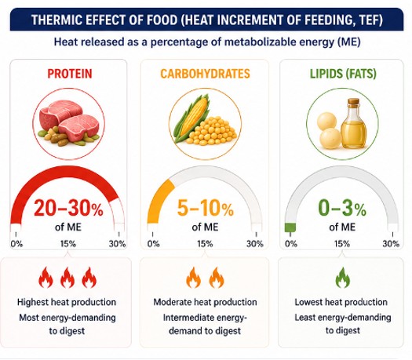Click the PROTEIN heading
[70, 74]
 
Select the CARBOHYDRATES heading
[205, 74]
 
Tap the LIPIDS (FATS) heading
[343, 74]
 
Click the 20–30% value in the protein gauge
[68, 208]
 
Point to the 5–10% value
[206, 208]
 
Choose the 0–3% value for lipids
[342, 208]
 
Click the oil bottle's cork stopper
[353, 101]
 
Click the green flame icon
[343, 278]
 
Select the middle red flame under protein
[67, 278]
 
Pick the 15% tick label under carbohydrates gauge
[205, 244]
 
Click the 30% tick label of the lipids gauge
[391, 244]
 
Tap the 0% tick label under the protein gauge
[16, 244]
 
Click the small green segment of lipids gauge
[290, 227]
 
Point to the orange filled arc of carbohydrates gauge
[158, 199]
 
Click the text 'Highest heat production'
[67, 302]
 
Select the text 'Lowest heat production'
[341, 302]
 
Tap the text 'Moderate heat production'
[205, 302]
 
